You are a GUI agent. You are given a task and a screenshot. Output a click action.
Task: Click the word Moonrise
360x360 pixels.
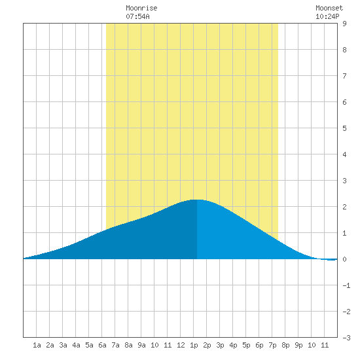[141, 8]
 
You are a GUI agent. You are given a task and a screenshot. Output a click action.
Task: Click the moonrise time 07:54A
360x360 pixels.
[137, 16]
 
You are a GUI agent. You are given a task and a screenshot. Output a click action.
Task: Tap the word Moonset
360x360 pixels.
[329, 8]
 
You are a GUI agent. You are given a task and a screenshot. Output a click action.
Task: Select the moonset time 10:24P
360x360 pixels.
[327, 16]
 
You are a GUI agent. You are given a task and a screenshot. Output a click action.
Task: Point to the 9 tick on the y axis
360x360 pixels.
[344, 24]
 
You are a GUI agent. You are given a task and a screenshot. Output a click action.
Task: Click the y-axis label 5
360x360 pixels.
[344, 128]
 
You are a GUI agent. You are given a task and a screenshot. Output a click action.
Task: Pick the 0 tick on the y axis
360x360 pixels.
[344, 259]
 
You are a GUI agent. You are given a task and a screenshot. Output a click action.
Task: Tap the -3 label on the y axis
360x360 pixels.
[346, 338]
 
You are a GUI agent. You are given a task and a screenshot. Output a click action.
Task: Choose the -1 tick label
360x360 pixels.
[346, 285]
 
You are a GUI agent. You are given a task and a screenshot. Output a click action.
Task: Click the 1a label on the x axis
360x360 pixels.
[37, 345]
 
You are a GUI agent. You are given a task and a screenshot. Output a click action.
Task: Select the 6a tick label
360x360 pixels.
[102, 345]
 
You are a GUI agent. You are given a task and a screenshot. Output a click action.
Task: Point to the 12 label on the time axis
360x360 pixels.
[181, 345]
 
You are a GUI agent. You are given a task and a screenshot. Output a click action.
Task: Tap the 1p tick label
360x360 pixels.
[194, 345]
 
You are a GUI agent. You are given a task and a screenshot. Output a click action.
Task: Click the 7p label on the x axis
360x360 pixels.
[272, 345]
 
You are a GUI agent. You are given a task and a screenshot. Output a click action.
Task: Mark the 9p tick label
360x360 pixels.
[298, 345]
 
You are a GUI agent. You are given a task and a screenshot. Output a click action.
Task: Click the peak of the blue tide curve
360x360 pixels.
[197, 200]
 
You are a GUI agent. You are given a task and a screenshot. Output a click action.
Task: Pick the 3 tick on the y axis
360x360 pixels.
[344, 181]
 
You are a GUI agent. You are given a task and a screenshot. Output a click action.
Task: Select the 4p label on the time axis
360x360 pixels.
[233, 345]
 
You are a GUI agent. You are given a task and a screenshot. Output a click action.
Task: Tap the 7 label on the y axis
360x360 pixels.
[344, 76]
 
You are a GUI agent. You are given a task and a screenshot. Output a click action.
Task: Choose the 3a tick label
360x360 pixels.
[63, 345]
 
